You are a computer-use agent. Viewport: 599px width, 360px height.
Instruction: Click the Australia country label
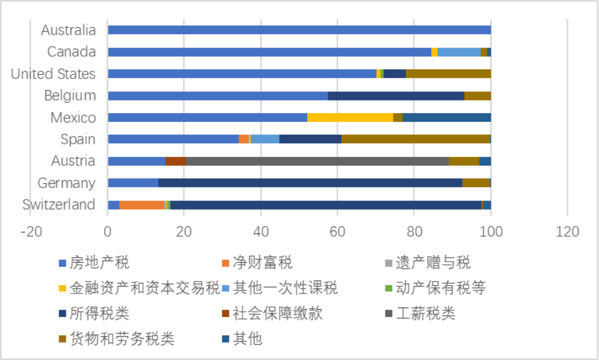coord(68,30)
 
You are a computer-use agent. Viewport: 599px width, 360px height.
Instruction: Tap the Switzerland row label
coord(58,205)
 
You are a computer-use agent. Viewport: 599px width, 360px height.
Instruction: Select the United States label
coord(53,74)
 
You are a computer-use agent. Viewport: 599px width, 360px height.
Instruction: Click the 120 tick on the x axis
coord(567,232)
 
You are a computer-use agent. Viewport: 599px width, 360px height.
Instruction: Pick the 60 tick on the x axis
coord(337,232)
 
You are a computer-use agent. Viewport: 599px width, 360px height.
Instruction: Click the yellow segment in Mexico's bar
coord(350,117)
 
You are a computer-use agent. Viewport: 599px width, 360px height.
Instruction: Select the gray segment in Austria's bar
coord(317,161)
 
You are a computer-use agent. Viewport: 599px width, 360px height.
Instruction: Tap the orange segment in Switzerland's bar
coord(142,205)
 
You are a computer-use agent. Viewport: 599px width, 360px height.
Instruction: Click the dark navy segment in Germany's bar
coord(310,183)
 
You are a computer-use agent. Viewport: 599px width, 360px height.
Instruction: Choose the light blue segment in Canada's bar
coord(458,52)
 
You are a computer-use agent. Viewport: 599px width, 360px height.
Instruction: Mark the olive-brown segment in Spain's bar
coord(415,139)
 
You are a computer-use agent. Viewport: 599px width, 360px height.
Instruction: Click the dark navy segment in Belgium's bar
coord(396,96)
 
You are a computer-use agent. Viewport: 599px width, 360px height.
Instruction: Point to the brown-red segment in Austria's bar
coord(176,161)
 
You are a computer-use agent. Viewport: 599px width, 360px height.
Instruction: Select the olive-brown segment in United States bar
coord(448,74)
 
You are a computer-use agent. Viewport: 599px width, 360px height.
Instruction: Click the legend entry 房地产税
coord(99,263)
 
